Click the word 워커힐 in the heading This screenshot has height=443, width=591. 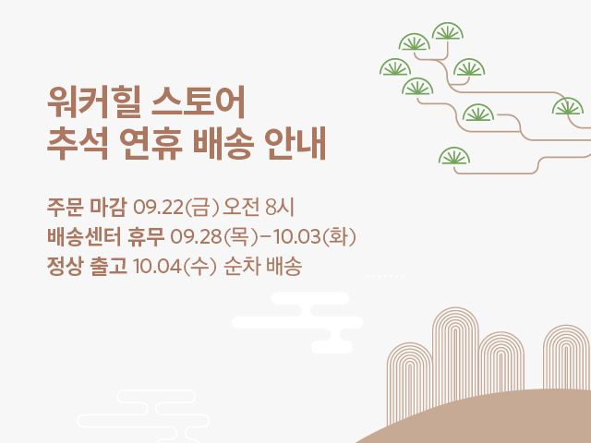point(94,102)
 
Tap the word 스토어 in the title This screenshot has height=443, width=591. point(199,102)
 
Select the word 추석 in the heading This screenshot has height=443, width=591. point(78,144)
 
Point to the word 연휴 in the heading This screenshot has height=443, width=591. point(151,144)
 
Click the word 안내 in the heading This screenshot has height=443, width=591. point(295,144)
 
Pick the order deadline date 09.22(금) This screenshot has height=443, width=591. point(176,207)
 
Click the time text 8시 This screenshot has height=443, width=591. point(279,207)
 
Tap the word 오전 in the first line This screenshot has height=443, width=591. point(241,207)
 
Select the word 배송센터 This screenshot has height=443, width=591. point(84,236)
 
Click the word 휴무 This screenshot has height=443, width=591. point(146,236)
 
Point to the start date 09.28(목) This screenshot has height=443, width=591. point(214,236)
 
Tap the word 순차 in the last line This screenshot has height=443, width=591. point(242,267)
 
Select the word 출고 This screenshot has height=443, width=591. point(108,267)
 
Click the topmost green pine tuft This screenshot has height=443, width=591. point(447,31)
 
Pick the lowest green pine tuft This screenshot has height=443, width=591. point(454,156)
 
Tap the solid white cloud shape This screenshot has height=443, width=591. point(297,322)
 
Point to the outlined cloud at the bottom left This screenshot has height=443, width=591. point(143,416)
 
